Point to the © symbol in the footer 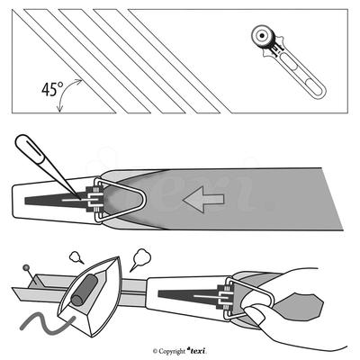tap(154, 350)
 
